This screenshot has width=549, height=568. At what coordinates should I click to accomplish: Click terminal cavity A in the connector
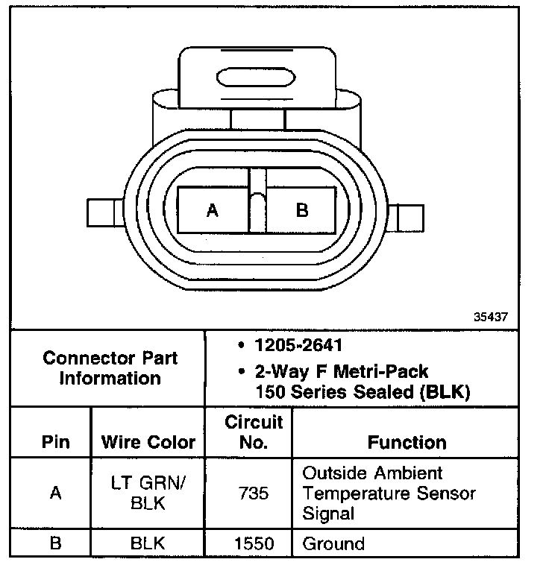[213, 210]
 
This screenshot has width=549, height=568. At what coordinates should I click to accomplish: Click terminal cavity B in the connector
[301, 210]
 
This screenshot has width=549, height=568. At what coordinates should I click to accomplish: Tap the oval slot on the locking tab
[256, 78]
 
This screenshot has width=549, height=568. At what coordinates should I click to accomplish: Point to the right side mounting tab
[406, 218]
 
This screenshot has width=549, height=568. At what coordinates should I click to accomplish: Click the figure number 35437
[491, 317]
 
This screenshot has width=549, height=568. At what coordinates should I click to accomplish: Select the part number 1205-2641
[298, 345]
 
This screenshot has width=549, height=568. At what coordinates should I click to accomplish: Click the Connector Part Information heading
[110, 368]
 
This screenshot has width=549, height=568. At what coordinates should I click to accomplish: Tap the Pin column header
[55, 442]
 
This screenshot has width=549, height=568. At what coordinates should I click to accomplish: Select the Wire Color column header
[148, 442]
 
